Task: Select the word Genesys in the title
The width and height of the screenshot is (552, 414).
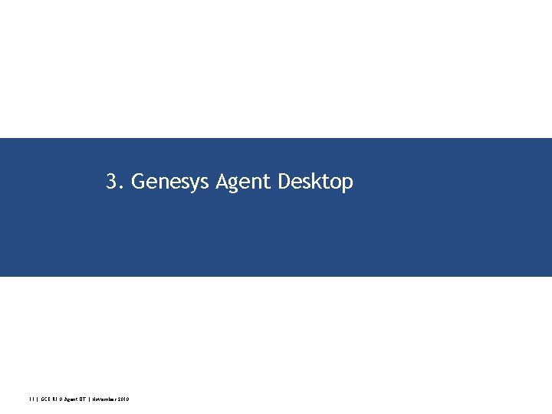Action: (x=171, y=182)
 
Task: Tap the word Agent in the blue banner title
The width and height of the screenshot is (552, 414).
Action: (x=244, y=182)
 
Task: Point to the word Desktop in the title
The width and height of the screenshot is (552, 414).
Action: (x=315, y=182)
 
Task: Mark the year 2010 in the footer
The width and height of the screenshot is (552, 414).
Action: (x=123, y=399)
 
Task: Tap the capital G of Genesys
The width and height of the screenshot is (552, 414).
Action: (x=138, y=182)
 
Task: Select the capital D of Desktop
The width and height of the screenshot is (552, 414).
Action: (x=284, y=182)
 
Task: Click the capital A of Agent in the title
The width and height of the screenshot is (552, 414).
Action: (x=223, y=182)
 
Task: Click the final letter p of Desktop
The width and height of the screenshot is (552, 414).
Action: (x=348, y=185)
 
